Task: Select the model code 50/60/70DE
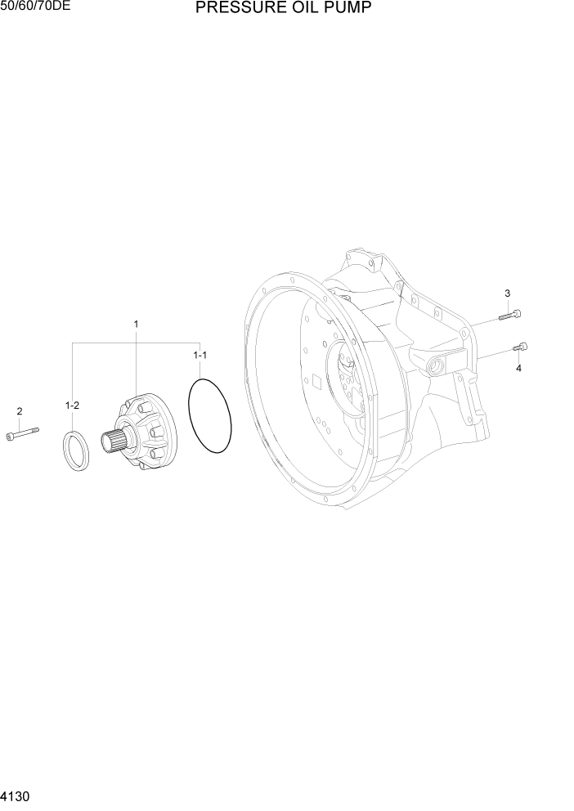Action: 36,7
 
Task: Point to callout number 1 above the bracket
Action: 136,325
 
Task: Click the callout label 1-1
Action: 200,356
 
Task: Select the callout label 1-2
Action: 72,405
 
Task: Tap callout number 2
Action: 20,411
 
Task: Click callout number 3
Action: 507,293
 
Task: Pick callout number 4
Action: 518,368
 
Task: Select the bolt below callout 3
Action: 510,313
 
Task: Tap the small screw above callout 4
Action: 520,348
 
